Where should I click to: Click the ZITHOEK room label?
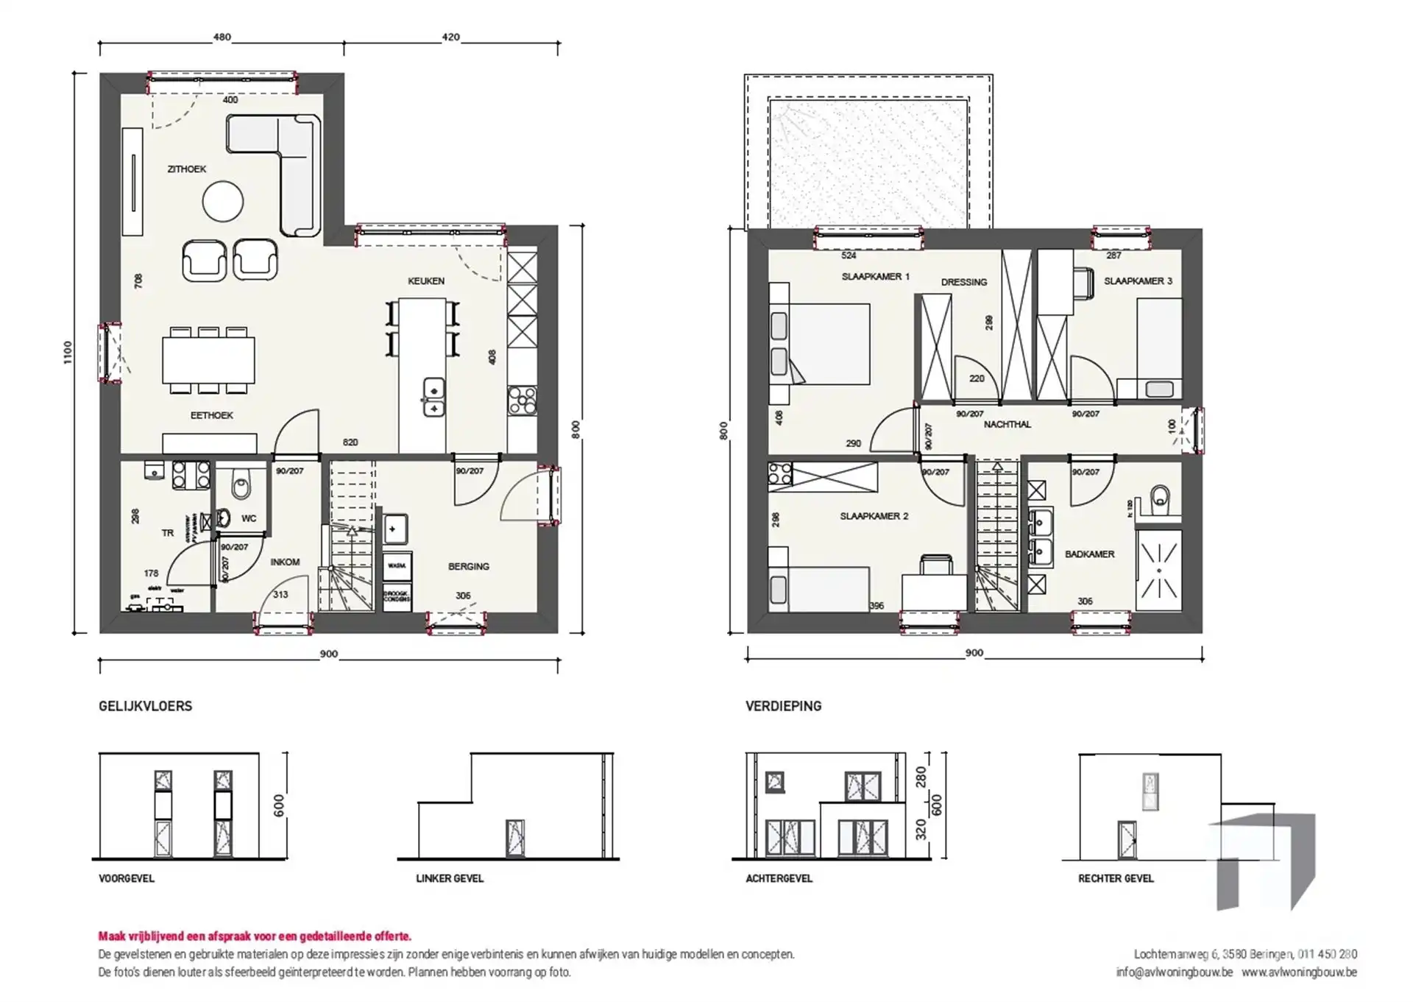[x=187, y=169]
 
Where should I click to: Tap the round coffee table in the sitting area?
[x=222, y=201]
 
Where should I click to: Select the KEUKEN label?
[x=426, y=281]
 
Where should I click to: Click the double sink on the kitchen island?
[x=433, y=398]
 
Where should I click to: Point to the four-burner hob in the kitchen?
[x=522, y=401]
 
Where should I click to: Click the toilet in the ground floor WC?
[x=241, y=487]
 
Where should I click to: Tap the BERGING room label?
[x=468, y=566]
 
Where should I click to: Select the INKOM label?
[x=285, y=562]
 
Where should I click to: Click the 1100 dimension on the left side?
[x=68, y=352]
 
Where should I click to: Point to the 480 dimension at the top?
[x=222, y=37]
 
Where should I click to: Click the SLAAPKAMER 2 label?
[x=874, y=516]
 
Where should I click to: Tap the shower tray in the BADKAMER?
[x=1158, y=570]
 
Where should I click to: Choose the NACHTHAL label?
[x=1007, y=425]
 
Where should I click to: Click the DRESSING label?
[x=963, y=282]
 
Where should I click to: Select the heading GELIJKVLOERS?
[x=145, y=706]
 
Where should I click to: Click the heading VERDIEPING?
[x=783, y=706]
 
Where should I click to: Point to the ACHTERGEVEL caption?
[x=779, y=878]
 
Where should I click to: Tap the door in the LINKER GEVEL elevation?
[x=515, y=839]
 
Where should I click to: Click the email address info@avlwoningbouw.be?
[x=1173, y=972]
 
